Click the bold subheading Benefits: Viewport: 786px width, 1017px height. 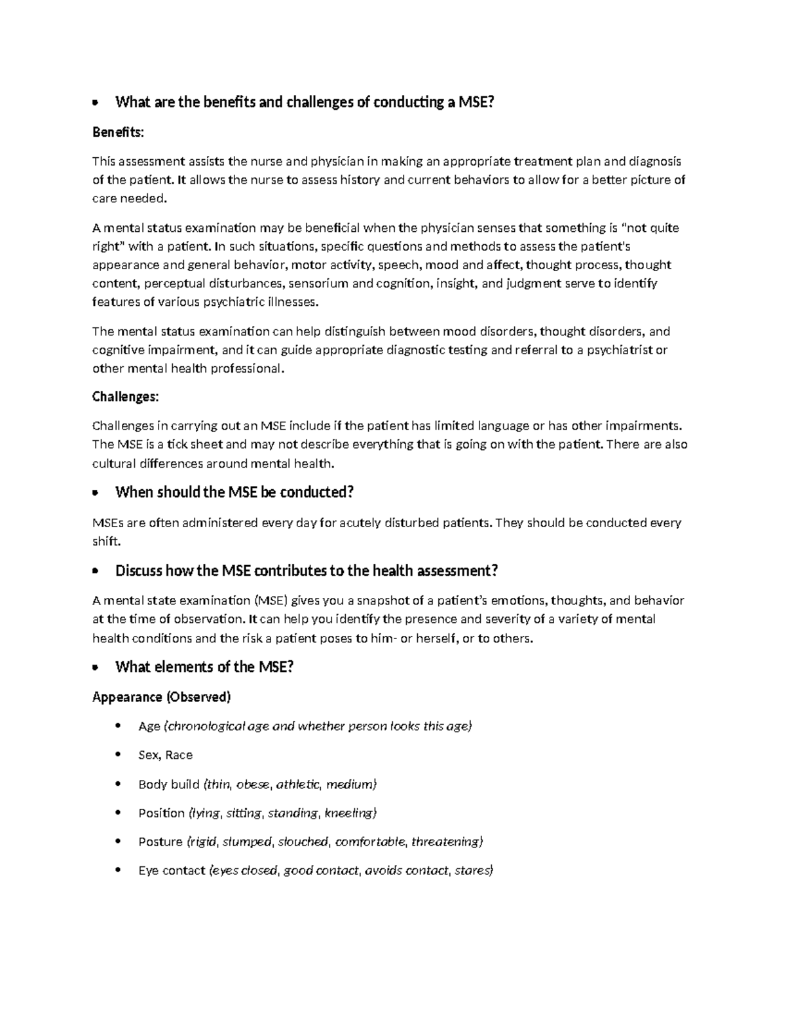click(117, 132)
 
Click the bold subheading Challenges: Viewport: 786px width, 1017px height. click(125, 397)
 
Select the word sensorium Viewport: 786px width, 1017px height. click(318, 284)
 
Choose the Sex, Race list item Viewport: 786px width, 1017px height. click(165, 755)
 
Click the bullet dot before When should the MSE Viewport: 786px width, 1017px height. click(96, 493)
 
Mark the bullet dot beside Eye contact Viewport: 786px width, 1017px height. click(118, 871)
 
